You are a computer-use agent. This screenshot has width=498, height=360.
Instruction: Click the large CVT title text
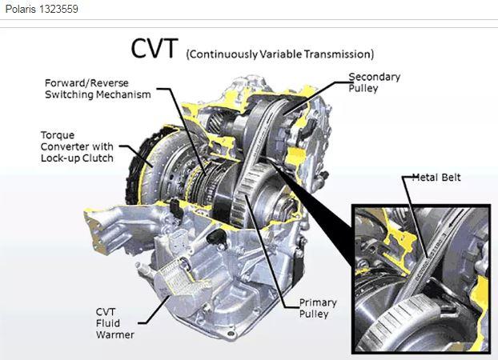(154, 49)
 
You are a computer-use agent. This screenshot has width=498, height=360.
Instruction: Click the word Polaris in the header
(21, 9)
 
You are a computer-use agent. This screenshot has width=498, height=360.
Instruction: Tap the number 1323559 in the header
(58, 9)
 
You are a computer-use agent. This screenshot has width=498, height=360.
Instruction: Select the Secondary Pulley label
(374, 82)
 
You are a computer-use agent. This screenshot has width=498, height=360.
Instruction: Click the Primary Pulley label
(318, 308)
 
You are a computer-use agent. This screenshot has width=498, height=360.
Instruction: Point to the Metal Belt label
(436, 177)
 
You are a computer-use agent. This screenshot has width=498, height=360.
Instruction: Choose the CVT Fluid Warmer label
(114, 323)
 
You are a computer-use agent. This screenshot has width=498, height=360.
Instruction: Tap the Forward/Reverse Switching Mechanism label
(98, 89)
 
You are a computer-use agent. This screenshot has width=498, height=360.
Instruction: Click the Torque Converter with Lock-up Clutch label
(77, 146)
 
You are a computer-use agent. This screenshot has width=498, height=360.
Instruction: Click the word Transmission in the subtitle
(339, 54)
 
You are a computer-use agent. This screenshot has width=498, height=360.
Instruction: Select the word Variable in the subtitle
(280, 54)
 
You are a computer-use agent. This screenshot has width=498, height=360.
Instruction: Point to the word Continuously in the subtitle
(222, 54)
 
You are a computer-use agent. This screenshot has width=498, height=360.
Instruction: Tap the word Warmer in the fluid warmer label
(115, 334)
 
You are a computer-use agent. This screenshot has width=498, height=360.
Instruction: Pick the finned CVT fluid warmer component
(178, 275)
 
